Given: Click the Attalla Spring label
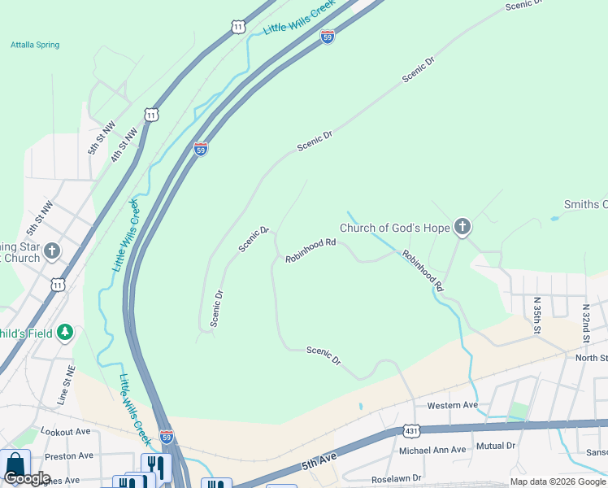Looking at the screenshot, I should [35, 45].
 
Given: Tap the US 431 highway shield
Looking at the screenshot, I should [411, 430].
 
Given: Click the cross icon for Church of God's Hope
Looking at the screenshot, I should [463, 227].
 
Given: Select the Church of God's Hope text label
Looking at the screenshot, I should [394, 228].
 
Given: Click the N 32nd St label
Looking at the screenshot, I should [585, 322].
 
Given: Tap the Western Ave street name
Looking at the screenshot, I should [453, 405].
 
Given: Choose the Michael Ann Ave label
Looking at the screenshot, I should [432, 450].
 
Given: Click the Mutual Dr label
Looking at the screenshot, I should [496, 446].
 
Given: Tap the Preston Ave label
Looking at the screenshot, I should [69, 456].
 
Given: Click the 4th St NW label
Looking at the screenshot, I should [122, 146].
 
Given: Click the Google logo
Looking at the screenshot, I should [27, 478].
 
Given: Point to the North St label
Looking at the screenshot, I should [591, 358].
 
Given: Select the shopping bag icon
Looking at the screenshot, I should [15, 466].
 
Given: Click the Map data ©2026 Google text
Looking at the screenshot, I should [558, 481].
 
